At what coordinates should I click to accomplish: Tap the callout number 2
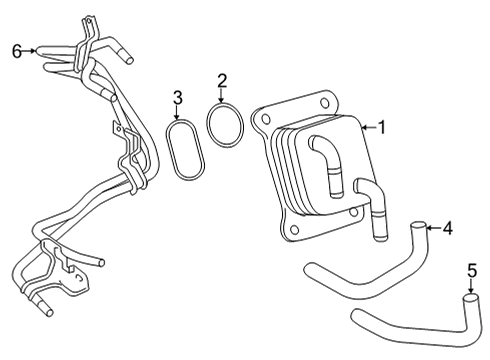pyautogui.click(x=222, y=79)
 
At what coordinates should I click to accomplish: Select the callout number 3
pyautogui.click(x=177, y=97)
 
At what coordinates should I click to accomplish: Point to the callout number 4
pyautogui.click(x=448, y=229)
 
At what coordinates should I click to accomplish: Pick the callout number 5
pyautogui.click(x=472, y=270)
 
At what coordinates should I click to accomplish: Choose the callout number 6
pyautogui.click(x=16, y=50)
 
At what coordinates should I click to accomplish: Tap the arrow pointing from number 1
pyautogui.click(x=367, y=127)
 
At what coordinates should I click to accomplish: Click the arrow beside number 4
pyautogui.click(x=432, y=229)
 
